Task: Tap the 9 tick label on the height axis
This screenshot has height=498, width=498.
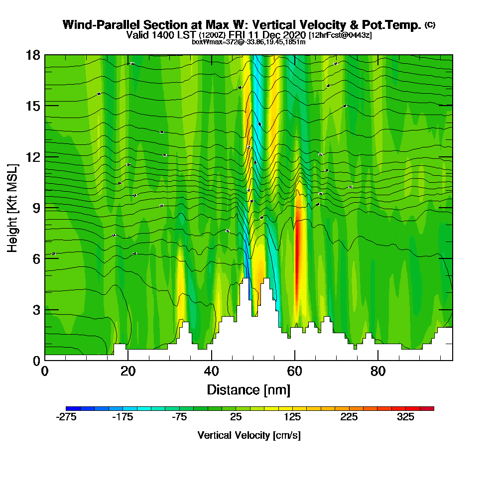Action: point(36,208)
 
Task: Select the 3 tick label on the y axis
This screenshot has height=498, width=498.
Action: point(36,309)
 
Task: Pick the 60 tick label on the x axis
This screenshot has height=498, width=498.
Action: point(295,372)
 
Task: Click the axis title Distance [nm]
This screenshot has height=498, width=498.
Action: point(249,389)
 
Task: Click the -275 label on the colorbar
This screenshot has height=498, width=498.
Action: point(66,417)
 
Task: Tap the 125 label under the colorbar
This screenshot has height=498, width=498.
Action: point(292,417)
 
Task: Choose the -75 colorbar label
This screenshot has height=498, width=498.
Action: point(179,417)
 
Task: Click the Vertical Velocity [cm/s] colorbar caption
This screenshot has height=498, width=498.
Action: point(249,435)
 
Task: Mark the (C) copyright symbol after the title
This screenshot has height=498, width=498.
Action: point(430,25)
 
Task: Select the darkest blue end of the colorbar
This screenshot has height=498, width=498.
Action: point(70,408)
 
